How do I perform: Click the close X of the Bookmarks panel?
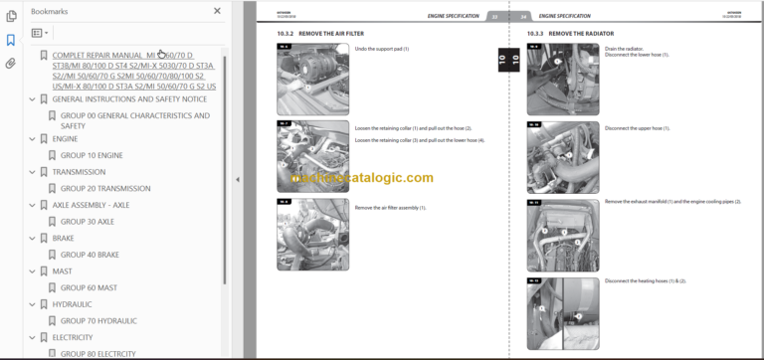tap(218, 11)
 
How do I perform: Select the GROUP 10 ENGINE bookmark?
tap(93, 154)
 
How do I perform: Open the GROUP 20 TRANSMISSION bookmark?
tap(105, 188)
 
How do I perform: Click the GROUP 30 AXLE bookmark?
tap(89, 222)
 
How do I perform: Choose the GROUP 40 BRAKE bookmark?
tap(90, 255)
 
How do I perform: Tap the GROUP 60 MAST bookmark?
tap(89, 287)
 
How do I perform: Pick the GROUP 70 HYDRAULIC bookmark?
tap(98, 320)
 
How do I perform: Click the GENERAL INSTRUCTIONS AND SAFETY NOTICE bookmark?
tap(129, 99)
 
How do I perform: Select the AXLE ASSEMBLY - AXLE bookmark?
tap(91, 205)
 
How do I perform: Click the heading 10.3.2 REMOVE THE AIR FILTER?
tap(317, 34)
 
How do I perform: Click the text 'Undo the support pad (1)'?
tap(382, 49)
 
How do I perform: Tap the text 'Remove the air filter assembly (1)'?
tap(390, 207)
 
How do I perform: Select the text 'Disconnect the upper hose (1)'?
tap(638, 128)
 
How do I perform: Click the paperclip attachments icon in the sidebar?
tap(11, 63)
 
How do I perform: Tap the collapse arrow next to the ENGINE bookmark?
tap(32, 138)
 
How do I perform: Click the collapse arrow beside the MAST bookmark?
tap(32, 270)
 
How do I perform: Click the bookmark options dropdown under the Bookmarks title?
tap(41, 33)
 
